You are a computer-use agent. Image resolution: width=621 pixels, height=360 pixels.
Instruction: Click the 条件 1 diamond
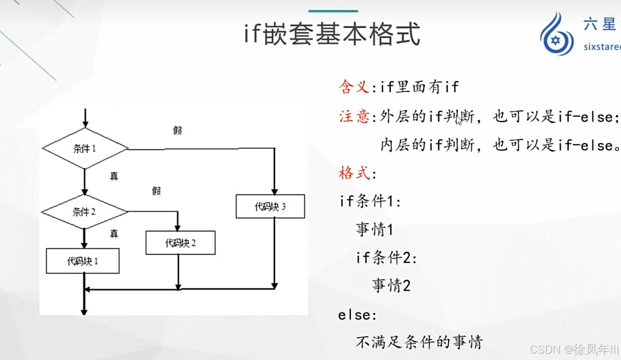85,149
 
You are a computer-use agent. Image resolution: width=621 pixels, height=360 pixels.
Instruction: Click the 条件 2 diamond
84,212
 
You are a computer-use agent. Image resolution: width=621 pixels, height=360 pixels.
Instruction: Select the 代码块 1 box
83,261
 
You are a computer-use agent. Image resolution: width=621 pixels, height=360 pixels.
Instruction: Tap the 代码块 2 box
180,243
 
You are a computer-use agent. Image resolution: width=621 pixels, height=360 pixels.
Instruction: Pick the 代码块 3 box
270,206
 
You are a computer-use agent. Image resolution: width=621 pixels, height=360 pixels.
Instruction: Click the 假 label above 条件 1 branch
178,130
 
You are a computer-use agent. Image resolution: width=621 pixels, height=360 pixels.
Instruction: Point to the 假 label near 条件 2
156,191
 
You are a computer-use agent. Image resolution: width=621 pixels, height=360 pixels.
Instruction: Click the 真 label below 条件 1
114,176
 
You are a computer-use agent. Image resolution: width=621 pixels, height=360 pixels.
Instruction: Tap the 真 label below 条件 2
114,233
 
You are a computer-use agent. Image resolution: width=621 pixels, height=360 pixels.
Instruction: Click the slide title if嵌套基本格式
332,35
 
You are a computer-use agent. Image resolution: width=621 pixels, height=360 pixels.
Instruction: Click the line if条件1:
370,201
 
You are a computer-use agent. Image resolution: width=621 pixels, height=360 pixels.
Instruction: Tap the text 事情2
391,286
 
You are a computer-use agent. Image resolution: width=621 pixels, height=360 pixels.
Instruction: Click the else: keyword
358,315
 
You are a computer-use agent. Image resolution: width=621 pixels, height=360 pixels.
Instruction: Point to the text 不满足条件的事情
419,343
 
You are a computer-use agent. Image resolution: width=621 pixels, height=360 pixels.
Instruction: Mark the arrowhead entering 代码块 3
274,192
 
